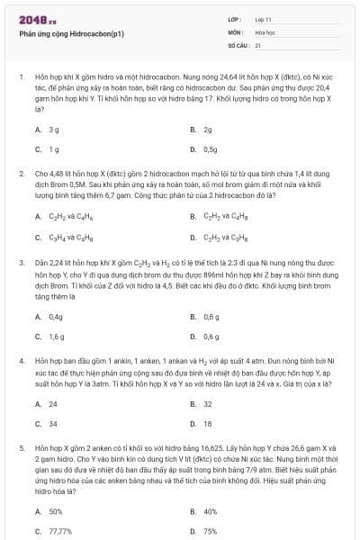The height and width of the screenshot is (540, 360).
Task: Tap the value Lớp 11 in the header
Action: pos(263,19)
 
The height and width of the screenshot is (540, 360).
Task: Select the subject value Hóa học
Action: pos(264,31)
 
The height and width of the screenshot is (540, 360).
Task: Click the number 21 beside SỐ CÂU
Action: pos(258,44)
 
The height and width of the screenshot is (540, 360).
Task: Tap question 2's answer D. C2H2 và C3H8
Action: pos(218,238)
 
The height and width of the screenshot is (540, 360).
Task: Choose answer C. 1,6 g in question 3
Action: pos(49,336)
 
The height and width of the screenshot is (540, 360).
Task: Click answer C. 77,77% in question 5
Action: pos(53,531)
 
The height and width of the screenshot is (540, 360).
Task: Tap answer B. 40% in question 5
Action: pos(203,511)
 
